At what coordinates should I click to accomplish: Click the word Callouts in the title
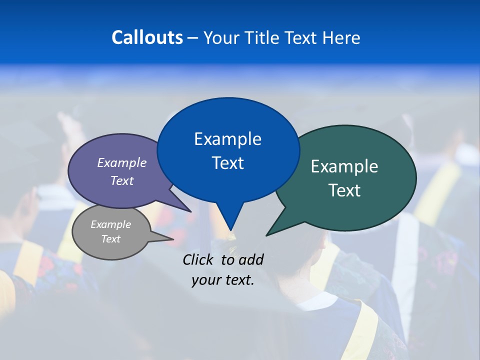pyautogui.click(x=147, y=37)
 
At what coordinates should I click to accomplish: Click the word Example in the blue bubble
pyautogui.click(x=227, y=139)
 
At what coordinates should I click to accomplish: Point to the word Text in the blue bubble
pyautogui.click(x=227, y=162)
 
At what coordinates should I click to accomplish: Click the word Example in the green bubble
pyautogui.click(x=344, y=166)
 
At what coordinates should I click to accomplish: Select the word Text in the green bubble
pyautogui.click(x=344, y=190)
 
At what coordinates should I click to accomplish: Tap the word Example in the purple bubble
pyautogui.click(x=122, y=163)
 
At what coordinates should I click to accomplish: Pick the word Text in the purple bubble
pyautogui.click(x=122, y=180)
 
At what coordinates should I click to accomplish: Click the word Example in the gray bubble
pyautogui.click(x=111, y=224)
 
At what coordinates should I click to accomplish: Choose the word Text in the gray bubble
pyautogui.click(x=111, y=239)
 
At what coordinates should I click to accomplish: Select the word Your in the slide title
pyautogui.click(x=221, y=37)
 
